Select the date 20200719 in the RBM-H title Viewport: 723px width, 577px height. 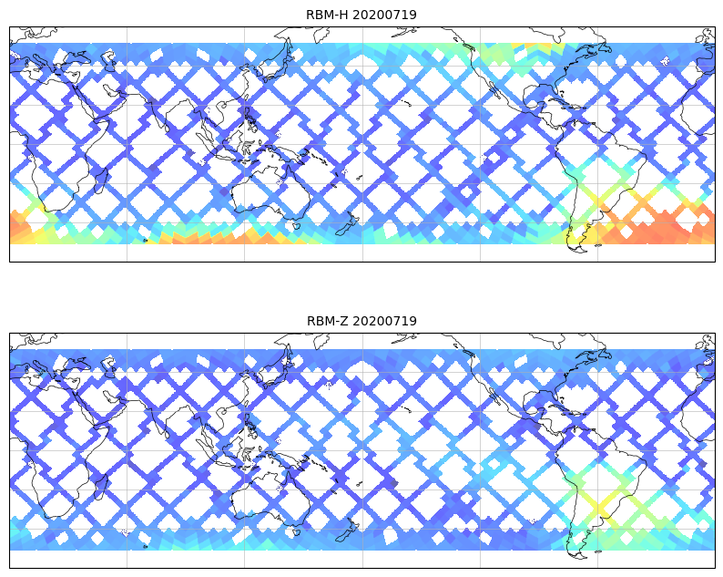click(382, 15)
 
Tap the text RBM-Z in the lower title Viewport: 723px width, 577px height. click(326, 321)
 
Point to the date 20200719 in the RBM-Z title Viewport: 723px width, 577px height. click(382, 321)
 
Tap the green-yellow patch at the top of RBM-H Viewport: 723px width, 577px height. click(510, 50)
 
